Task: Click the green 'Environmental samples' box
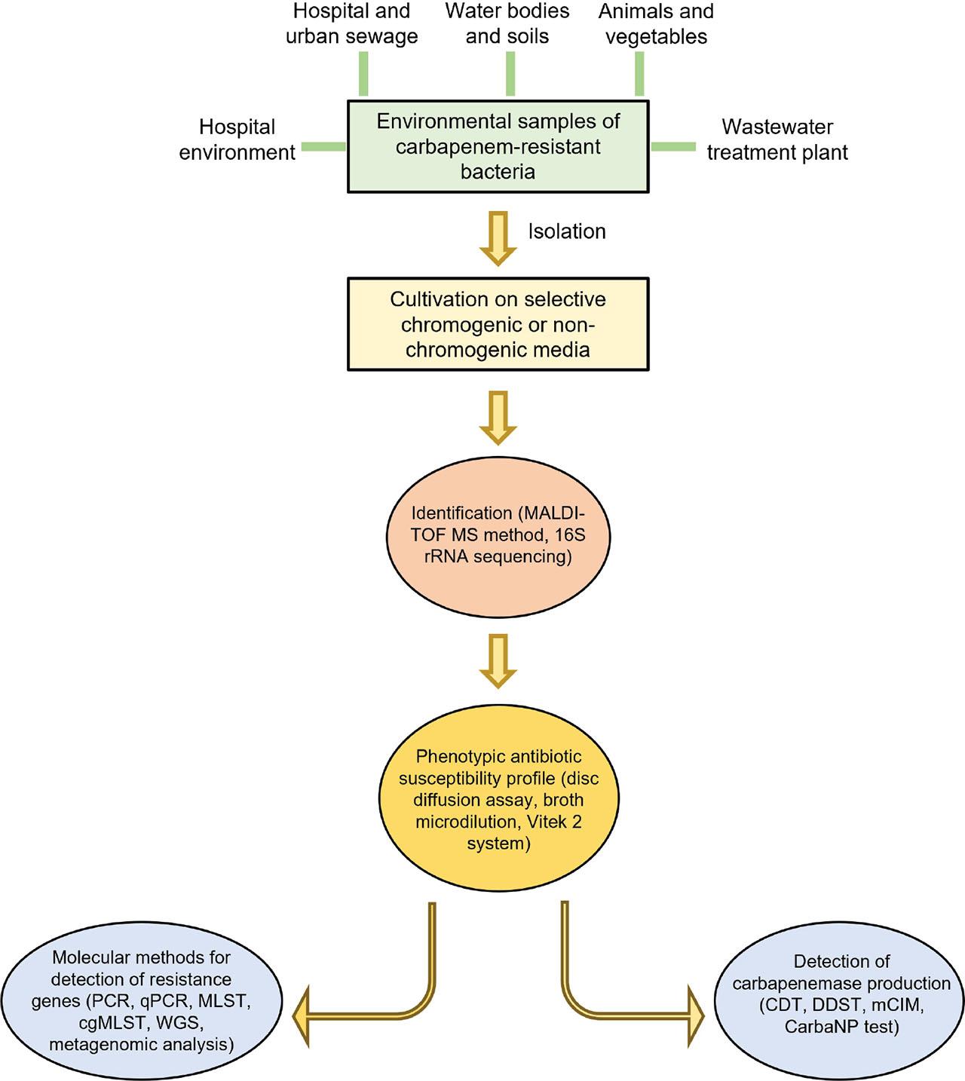click(x=498, y=146)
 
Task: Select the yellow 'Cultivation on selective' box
click(x=498, y=324)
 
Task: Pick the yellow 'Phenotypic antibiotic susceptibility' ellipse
click(x=498, y=799)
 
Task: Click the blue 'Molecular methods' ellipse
click(x=141, y=1000)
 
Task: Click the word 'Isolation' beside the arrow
click(x=566, y=231)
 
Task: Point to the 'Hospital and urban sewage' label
click(x=351, y=24)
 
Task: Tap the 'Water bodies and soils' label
click(x=507, y=24)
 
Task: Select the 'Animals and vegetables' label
click(x=656, y=24)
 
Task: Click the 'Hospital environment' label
click(x=237, y=139)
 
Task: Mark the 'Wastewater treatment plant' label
click(x=777, y=139)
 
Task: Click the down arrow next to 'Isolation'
click(x=498, y=237)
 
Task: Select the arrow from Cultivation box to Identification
click(x=498, y=417)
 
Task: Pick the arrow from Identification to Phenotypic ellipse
click(x=498, y=660)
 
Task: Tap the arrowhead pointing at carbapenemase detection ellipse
click(x=692, y=1016)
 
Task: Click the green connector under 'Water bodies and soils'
click(x=510, y=74)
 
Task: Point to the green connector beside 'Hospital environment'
click(x=323, y=147)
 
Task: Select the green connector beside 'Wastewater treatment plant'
click(x=672, y=147)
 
